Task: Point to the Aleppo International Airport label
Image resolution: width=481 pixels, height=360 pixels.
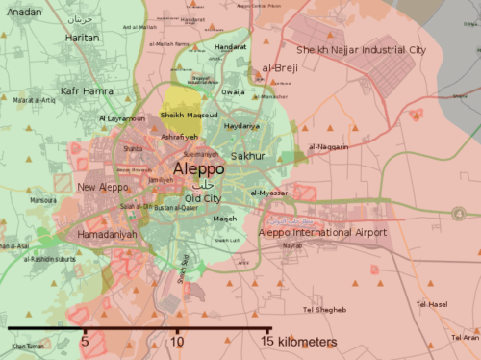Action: (x=322, y=232)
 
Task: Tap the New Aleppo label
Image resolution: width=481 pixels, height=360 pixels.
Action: (x=99, y=186)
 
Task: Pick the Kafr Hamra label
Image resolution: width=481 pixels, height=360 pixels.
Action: (x=87, y=90)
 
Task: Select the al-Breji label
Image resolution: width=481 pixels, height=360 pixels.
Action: (x=278, y=68)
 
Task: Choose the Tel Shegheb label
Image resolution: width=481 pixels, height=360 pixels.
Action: (x=324, y=309)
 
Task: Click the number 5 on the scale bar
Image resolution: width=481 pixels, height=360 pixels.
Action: (x=85, y=341)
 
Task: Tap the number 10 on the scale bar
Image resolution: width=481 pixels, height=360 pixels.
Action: (x=177, y=341)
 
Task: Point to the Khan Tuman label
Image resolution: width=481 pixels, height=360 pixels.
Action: (x=28, y=345)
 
